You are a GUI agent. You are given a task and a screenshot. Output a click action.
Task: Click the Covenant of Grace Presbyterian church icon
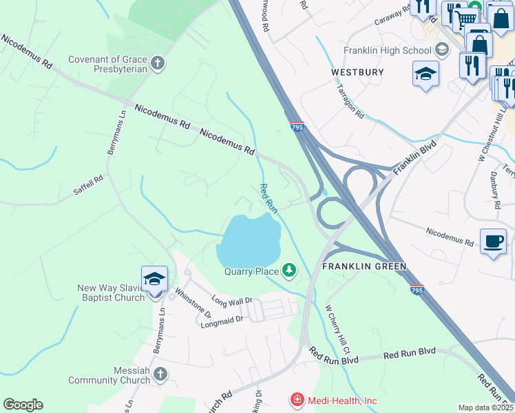[x=158, y=64]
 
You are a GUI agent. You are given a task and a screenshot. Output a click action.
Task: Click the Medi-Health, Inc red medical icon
[x=297, y=399]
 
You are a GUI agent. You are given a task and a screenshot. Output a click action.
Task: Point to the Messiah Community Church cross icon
[x=160, y=374]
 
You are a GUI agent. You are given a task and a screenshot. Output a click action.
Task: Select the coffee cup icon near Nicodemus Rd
[x=493, y=242]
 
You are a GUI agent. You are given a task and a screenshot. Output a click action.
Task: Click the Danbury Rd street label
[x=494, y=190]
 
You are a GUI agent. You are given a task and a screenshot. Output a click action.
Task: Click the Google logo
[x=23, y=404]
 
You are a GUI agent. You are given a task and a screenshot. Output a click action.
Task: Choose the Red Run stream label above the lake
[x=267, y=198]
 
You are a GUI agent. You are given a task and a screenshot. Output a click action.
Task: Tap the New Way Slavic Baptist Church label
[x=111, y=293]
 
